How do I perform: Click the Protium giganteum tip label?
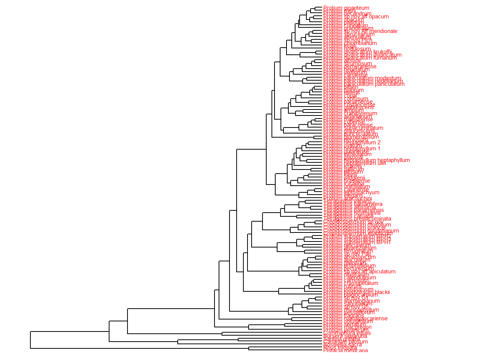(346, 8)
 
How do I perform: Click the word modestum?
(388, 78)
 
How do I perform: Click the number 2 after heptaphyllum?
(379, 142)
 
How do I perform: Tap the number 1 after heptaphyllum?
(379, 148)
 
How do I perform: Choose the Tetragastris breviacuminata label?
(357, 219)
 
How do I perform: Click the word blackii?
(382, 292)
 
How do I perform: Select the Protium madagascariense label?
(355, 318)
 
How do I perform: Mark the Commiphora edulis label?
(347, 333)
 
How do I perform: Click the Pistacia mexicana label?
(345, 351)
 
